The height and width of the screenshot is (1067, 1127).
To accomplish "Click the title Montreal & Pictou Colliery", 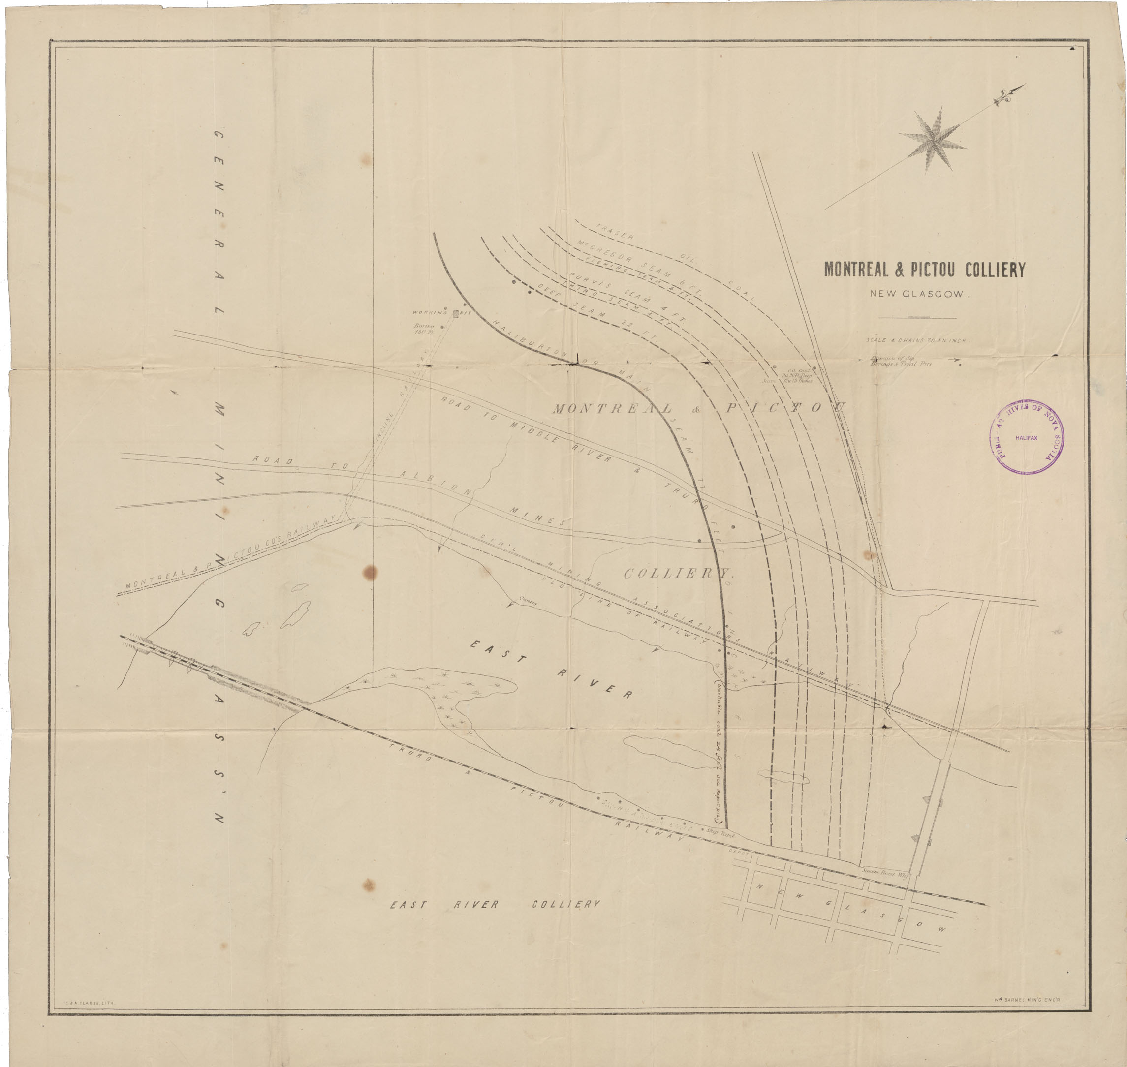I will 924,270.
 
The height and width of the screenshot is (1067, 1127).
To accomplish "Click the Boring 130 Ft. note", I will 424,329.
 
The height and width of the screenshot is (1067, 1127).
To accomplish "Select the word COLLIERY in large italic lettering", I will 679,573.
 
